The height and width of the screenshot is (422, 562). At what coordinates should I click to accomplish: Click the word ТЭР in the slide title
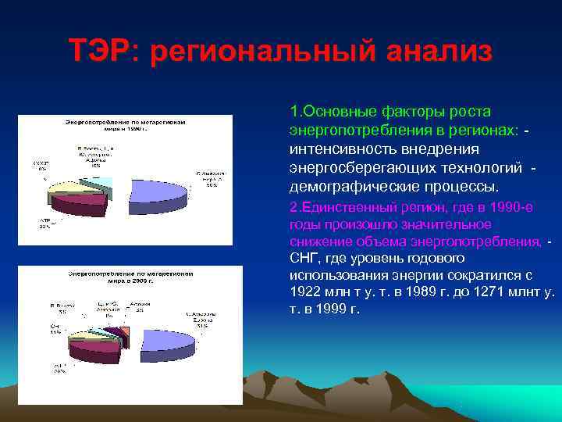pyautogui.click(x=101, y=52)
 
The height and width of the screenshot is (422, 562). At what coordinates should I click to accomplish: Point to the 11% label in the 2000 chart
pyautogui.click(x=55, y=331)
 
